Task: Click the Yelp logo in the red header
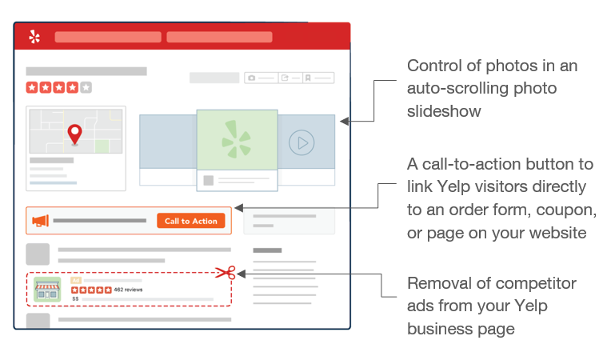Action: (x=34, y=37)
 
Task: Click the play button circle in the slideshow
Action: (x=302, y=142)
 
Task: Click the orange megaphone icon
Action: (x=40, y=221)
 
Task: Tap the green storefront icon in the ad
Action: (x=47, y=289)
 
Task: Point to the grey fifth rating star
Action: (x=86, y=87)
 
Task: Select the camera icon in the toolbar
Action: (x=252, y=78)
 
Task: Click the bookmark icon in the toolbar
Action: (x=308, y=78)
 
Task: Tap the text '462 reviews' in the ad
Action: (x=128, y=290)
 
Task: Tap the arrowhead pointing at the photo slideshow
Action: (x=345, y=122)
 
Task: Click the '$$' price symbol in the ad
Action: (x=75, y=298)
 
